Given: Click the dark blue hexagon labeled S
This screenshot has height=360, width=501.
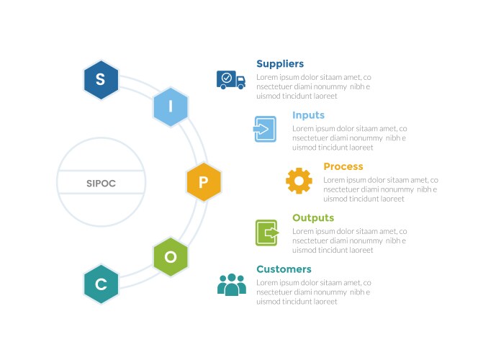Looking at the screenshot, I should point(101,79).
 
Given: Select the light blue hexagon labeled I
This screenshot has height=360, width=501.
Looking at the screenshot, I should point(171,107).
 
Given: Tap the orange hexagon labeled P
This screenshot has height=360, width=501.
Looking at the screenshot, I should point(204,182).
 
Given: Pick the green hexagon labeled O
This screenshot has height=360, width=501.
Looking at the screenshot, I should point(171,257).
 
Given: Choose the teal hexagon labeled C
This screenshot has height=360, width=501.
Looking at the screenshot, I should point(101,284).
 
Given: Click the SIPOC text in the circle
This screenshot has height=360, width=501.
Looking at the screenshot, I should point(96,184).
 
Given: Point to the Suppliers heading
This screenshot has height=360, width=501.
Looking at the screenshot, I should point(280,64).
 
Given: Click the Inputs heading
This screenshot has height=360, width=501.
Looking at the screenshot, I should point(308,115).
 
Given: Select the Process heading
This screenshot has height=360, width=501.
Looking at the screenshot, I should point(343,166).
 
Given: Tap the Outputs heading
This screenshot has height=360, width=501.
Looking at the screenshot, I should point(313,217).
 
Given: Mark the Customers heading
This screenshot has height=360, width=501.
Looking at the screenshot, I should point(284,269).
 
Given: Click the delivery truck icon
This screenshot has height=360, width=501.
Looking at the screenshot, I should point(231,79).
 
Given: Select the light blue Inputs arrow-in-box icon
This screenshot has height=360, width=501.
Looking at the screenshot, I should point(265,129).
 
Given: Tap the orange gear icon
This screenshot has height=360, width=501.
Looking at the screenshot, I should point(299,181).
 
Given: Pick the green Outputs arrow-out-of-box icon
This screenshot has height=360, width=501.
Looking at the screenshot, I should point(266,233).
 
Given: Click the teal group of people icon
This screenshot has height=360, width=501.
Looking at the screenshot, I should point(232,284).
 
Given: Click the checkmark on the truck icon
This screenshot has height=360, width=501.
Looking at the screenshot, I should point(227,76).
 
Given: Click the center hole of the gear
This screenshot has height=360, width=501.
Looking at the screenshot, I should point(299,181).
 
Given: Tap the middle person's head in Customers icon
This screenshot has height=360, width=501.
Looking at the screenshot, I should point(232,278).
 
